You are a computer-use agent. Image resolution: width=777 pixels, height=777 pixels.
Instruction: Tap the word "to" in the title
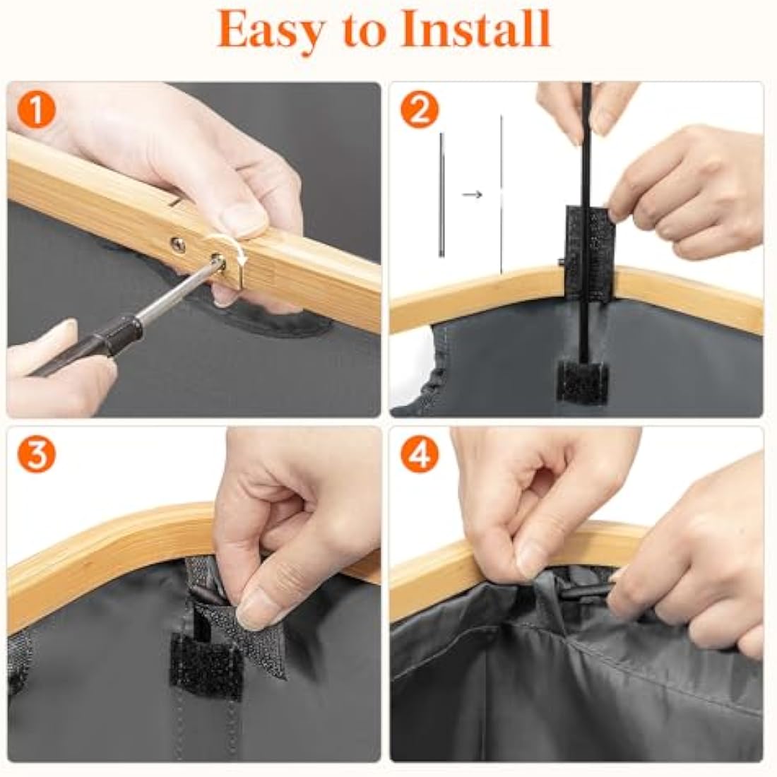click(361, 30)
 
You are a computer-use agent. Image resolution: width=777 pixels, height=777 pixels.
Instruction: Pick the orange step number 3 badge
click(36, 454)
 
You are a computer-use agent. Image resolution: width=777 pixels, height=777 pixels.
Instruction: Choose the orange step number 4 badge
click(419, 454)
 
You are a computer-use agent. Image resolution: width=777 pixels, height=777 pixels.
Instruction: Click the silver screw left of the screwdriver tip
click(178, 244)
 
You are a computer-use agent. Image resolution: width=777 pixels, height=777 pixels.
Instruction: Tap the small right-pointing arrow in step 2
click(472, 195)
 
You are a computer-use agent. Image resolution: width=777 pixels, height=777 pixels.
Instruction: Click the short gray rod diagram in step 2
click(441, 195)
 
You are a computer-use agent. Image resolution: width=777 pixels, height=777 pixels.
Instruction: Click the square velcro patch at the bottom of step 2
click(581, 381)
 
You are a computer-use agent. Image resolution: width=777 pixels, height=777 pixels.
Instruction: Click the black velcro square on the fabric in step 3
click(206, 665)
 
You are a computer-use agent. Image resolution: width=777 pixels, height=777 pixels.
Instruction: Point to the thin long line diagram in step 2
click(502, 194)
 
